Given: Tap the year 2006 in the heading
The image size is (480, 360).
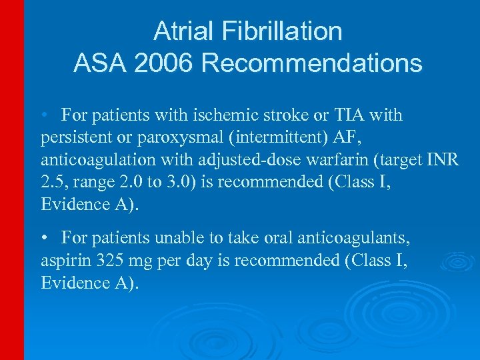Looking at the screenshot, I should click(x=163, y=63).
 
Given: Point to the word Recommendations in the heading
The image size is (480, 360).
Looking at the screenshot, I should click(x=311, y=63).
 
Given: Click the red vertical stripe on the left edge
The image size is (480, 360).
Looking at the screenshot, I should click(x=11, y=180).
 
